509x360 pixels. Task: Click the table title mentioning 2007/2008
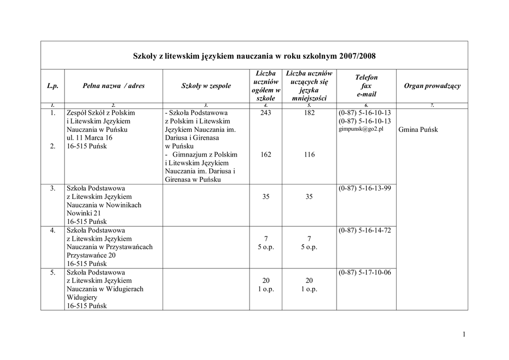pos(254,55)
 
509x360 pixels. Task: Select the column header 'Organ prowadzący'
pos(432,86)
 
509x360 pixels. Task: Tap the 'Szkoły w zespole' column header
pos(206,86)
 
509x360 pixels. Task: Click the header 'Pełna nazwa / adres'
pos(113,86)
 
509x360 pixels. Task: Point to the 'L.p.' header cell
pos(53,86)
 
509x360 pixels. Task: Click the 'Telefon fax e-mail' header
pos(366,86)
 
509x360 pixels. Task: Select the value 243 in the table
pos(265,113)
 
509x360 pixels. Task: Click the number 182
pos(309,113)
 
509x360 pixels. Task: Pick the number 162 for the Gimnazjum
pos(265,155)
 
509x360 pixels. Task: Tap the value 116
pos(309,155)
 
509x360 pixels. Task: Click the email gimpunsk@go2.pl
pos(361,129)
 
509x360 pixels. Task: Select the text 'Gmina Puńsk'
pos(418,130)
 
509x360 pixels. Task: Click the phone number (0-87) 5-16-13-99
pos(364,188)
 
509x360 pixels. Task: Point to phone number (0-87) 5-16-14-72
pos(364,230)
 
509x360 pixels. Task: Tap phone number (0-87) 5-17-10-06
pos(364,272)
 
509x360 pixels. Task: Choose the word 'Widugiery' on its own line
pos(82,297)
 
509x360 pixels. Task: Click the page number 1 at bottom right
pos(463,334)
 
